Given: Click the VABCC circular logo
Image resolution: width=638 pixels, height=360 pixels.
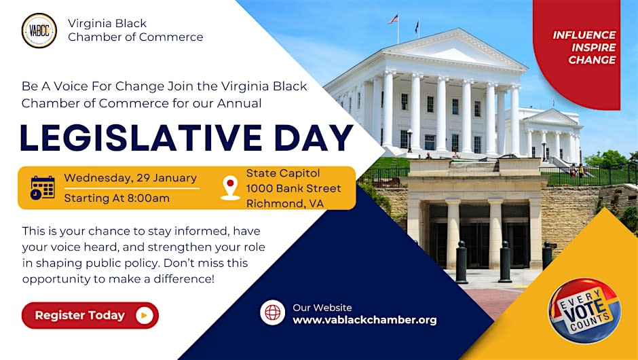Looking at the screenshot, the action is click(39, 31).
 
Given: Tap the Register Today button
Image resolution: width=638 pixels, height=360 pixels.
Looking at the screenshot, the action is click(90, 315).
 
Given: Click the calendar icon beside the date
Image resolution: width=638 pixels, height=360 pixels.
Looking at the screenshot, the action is click(43, 187).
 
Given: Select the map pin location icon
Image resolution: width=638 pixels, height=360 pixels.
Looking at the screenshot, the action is click(230, 187).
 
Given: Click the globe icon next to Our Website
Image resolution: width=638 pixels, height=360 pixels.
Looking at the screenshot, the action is click(273, 312).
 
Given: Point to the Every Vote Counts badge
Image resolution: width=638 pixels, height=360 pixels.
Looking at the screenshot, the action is click(584, 310).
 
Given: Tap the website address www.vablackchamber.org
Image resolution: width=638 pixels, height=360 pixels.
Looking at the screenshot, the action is click(364, 320).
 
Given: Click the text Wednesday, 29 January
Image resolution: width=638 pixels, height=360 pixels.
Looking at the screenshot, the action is click(130, 178).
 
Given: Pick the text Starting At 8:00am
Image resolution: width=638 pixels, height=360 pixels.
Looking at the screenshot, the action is click(117, 198).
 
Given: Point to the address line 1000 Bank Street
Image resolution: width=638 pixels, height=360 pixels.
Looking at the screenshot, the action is click(293, 189).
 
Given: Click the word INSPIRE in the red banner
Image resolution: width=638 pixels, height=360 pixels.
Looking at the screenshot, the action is click(593, 48).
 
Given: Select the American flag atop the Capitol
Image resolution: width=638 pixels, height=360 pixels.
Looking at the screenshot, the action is click(393, 19).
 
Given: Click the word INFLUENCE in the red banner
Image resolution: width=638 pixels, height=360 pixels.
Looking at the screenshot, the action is click(584, 35).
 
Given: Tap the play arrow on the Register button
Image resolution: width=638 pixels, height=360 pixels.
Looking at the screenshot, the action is click(145, 315).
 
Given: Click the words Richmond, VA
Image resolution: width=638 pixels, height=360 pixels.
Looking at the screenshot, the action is click(285, 204).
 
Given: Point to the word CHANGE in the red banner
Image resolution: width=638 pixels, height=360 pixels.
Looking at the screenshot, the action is click(592, 60).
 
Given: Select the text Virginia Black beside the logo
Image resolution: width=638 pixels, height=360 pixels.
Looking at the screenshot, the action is click(107, 24).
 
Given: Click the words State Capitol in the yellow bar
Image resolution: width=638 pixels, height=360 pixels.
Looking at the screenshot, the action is click(283, 173).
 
